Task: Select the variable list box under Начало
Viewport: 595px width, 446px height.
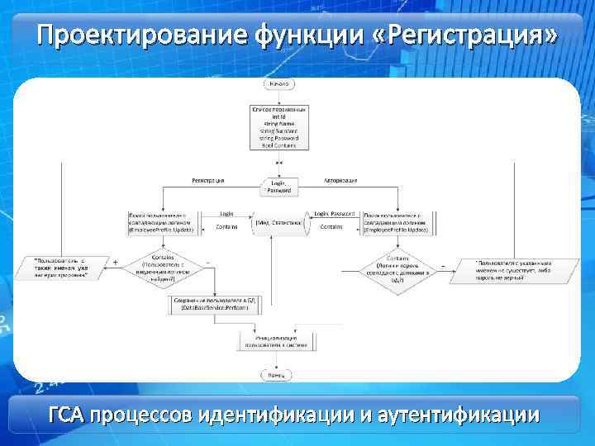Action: coord(278,127)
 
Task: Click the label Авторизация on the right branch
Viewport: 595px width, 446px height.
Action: coord(340,179)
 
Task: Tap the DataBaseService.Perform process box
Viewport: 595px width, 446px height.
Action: coord(214,303)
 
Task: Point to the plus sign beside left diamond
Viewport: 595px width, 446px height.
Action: coord(116,262)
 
